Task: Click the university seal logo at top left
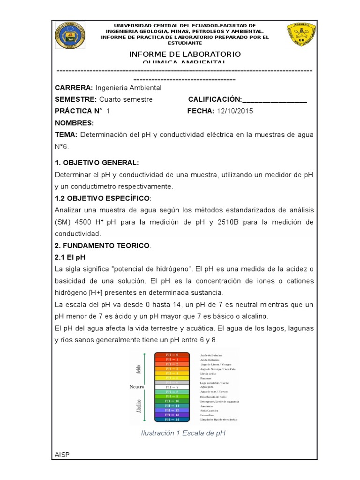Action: pos(71,35)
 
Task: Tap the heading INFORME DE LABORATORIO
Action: pos(185,54)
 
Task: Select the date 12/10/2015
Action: pos(234,111)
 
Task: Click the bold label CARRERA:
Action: pos(74,88)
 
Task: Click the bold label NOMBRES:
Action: pos(74,123)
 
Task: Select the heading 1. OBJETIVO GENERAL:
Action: pos(97,163)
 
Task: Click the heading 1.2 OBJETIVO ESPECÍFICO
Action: pos(103,198)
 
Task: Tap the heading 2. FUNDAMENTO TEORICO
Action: pos(103,246)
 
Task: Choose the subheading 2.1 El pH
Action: pos(70,257)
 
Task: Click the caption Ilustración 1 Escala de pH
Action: pos(183,433)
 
